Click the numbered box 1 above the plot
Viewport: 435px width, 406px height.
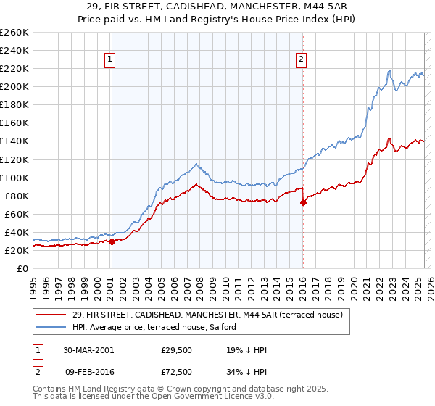(110, 60)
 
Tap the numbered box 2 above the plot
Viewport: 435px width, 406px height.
(301, 60)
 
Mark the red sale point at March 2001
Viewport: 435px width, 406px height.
(112, 241)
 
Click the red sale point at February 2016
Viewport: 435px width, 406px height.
(303, 202)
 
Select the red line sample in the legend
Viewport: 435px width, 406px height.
(51, 314)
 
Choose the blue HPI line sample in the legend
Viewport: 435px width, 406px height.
(51, 327)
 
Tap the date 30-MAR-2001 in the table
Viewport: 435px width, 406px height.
(88, 350)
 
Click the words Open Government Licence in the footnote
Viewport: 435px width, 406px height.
(197, 397)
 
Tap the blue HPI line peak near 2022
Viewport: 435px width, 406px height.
(389, 70)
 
